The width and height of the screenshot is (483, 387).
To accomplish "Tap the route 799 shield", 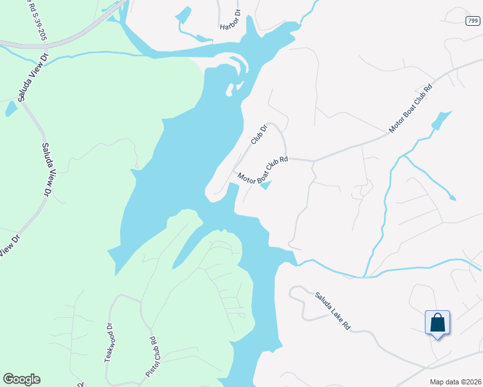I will (x=473, y=21).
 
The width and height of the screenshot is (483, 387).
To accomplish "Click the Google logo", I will (x=21, y=379).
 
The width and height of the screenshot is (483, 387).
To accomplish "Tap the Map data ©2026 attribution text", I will (x=455, y=381).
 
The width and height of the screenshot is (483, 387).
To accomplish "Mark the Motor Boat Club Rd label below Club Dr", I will (x=262, y=170).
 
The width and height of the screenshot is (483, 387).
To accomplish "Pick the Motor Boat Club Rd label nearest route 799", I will (x=410, y=108).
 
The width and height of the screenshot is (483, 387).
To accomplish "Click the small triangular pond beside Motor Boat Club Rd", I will (x=266, y=186).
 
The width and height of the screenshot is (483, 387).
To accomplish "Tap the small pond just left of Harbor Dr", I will (x=183, y=15).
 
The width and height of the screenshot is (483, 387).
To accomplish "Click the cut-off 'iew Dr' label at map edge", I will (x=9, y=244).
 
